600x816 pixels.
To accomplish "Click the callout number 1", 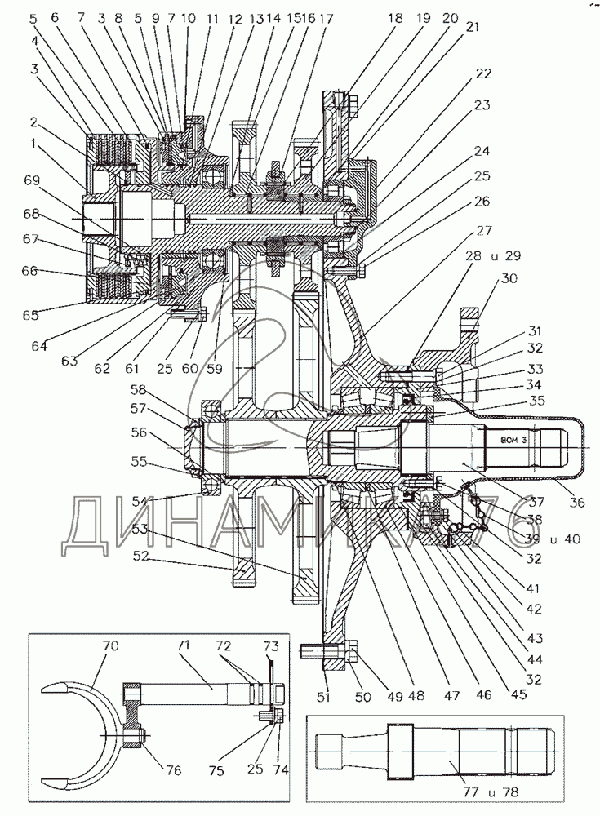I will point(33,144).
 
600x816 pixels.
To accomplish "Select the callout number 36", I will point(577,503).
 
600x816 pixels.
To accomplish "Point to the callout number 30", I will point(510,277).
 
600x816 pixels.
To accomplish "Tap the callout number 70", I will point(111,645).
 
